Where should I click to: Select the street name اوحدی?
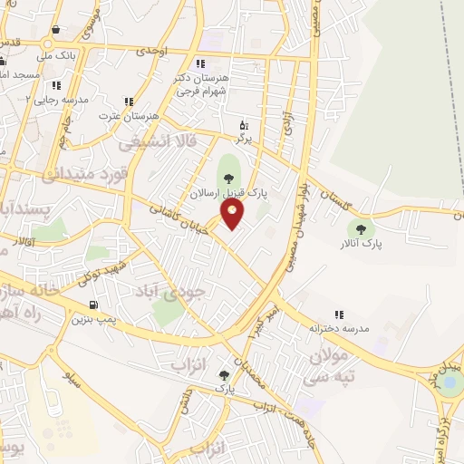(153, 53)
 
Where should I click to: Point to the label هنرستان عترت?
(131, 117)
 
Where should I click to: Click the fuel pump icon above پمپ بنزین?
(94, 304)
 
